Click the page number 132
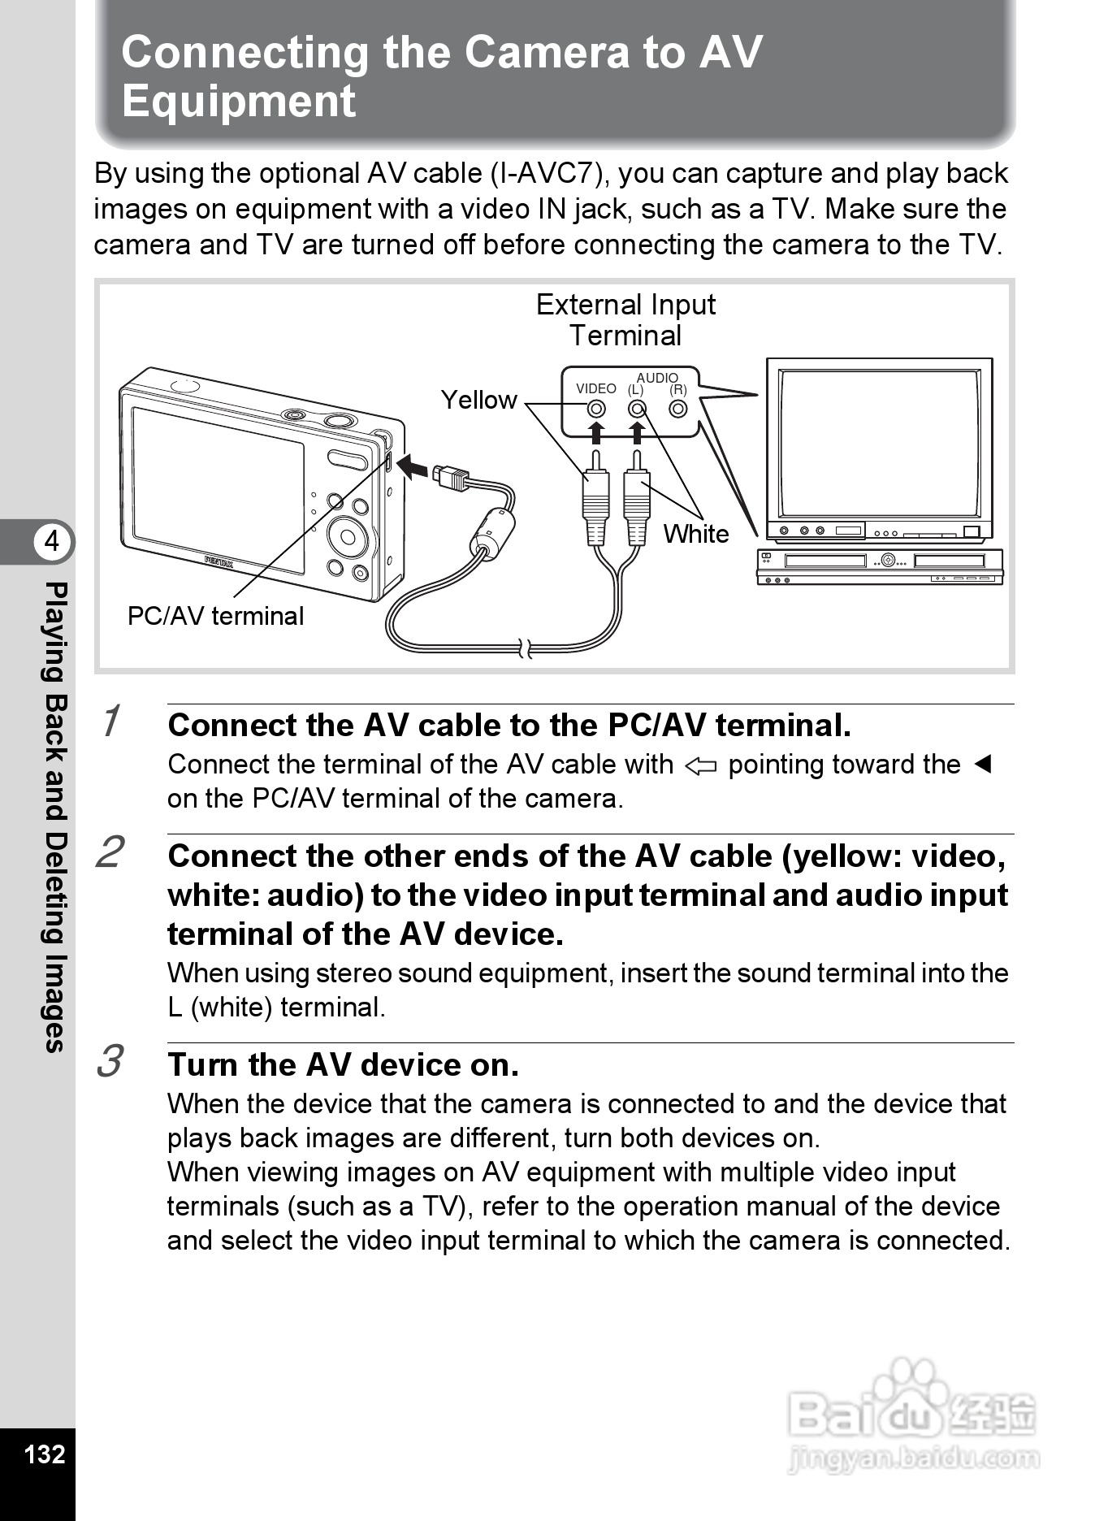[44, 1454]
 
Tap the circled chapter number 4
[53, 541]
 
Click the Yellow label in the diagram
[478, 400]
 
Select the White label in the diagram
[696, 534]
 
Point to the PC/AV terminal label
[215, 616]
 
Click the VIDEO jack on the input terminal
[596, 409]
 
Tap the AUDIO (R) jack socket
[678, 409]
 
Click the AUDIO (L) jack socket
[637, 409]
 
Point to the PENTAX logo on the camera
[219, 561]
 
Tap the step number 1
[111, 721]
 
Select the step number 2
[110, 851]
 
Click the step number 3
[110, 1061]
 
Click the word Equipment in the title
[239, 102]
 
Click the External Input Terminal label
[625, 319]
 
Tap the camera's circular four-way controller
[348, 536]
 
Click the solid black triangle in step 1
[983, 765]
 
